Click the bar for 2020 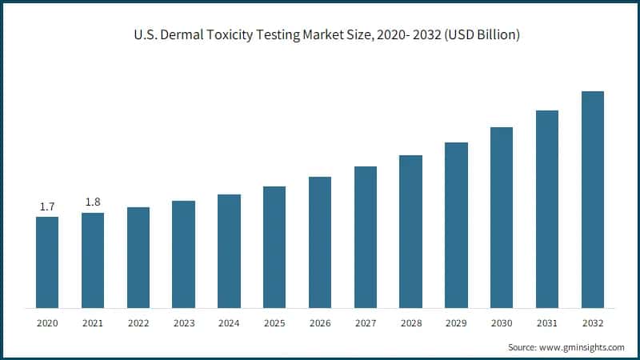(47, 262)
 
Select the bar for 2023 (183, 254)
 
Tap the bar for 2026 (320, 242)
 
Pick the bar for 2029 (456, 225)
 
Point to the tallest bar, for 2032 (593, 199)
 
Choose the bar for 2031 (547, 209)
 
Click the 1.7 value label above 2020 (47, 207)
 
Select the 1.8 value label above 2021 (93, 202)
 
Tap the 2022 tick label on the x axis (138, 322)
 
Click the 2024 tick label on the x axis (229, 322)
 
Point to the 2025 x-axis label (274, 322)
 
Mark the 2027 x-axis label (366, 322)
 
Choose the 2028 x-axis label (410, 322)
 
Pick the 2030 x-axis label (502, 322)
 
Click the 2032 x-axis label (593, 322)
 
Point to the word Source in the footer (523, 347)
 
